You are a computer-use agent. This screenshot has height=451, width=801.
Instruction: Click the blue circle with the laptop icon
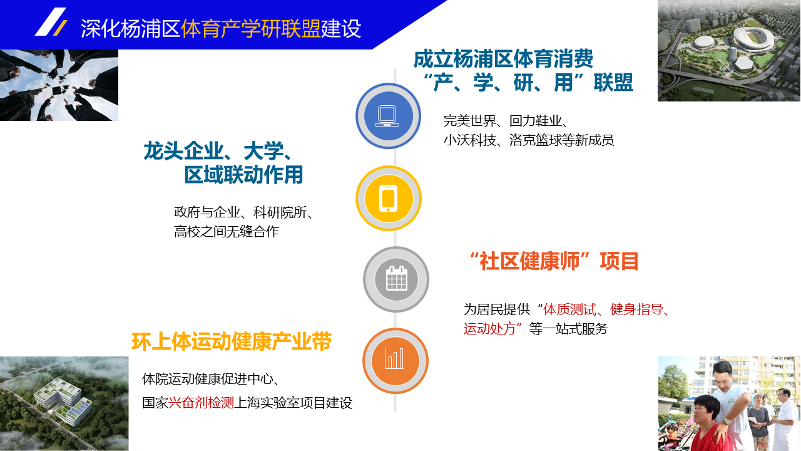click(x=388, y=116)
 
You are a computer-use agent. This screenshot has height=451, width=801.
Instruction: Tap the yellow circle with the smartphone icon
click(x=389, y=199)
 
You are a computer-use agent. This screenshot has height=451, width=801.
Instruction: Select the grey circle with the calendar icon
click(x=396, y=279)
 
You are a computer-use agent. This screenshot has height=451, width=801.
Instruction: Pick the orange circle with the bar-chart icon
click(x=395, y=361)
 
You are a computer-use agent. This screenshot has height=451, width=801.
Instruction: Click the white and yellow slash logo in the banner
click(x=51, y=22)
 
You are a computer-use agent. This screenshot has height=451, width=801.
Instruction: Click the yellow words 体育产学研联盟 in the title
click(x=251, y=29)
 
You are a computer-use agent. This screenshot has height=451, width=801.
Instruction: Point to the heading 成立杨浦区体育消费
click(x=503, y=59)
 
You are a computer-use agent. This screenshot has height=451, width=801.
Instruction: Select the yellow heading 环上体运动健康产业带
click(x=232, y=341)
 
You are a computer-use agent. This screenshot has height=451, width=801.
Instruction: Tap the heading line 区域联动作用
click(x=243, y=175)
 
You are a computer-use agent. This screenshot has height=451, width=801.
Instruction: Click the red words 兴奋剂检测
click(x=201, y=403)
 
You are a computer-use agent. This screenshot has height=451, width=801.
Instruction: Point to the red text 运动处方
click(x=489, y=329)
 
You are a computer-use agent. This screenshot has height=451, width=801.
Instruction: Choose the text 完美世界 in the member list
click(x=470, y=121)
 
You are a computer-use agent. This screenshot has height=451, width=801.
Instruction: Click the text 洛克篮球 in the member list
click(x=535, y=140)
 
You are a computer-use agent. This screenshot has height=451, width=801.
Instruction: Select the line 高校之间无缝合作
click(x=227, y=232)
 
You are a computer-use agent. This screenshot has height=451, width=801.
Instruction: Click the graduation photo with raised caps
click(x=59, y=85)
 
